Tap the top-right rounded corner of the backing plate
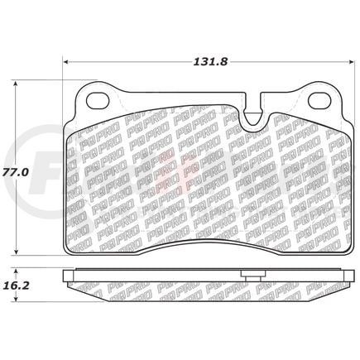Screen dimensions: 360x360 click(x=335, y=89)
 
